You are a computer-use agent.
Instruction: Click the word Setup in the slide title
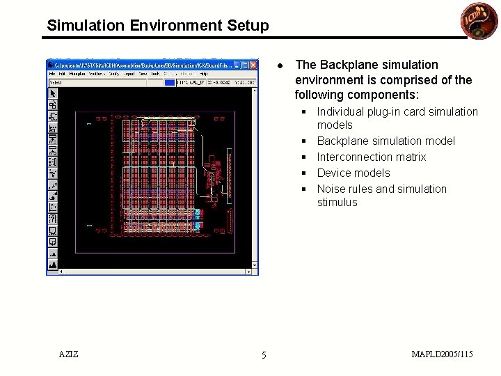pos(246,26)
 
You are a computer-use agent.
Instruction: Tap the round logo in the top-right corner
pos(475,19)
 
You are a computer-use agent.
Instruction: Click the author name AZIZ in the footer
pos(69,354)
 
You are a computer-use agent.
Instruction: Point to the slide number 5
pos(264,356)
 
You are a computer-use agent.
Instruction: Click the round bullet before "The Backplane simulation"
pos(278,65)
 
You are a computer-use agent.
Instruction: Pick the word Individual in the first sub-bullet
pos(343,111)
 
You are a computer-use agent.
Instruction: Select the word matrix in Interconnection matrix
pos(411,157)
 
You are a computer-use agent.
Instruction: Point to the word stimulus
pos(337,203)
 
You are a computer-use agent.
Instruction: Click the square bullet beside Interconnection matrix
pos(304,157)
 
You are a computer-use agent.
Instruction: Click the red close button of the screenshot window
pos(254,64)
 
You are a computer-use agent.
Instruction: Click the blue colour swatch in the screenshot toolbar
pos(170,82)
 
